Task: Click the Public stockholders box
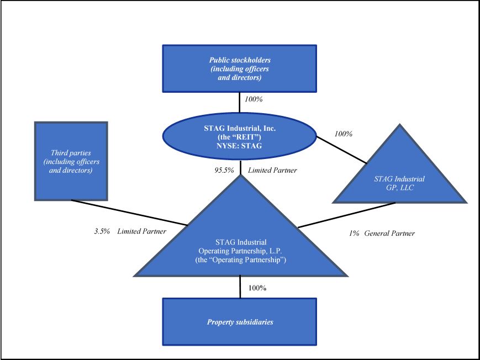239,68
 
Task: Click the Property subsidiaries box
239,322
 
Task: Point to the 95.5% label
222,171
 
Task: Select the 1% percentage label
354,234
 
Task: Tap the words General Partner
389,234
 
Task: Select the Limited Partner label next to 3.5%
142,232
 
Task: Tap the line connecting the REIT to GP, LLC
341,148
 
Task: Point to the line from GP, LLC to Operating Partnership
346,214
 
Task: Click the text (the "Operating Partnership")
239,259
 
